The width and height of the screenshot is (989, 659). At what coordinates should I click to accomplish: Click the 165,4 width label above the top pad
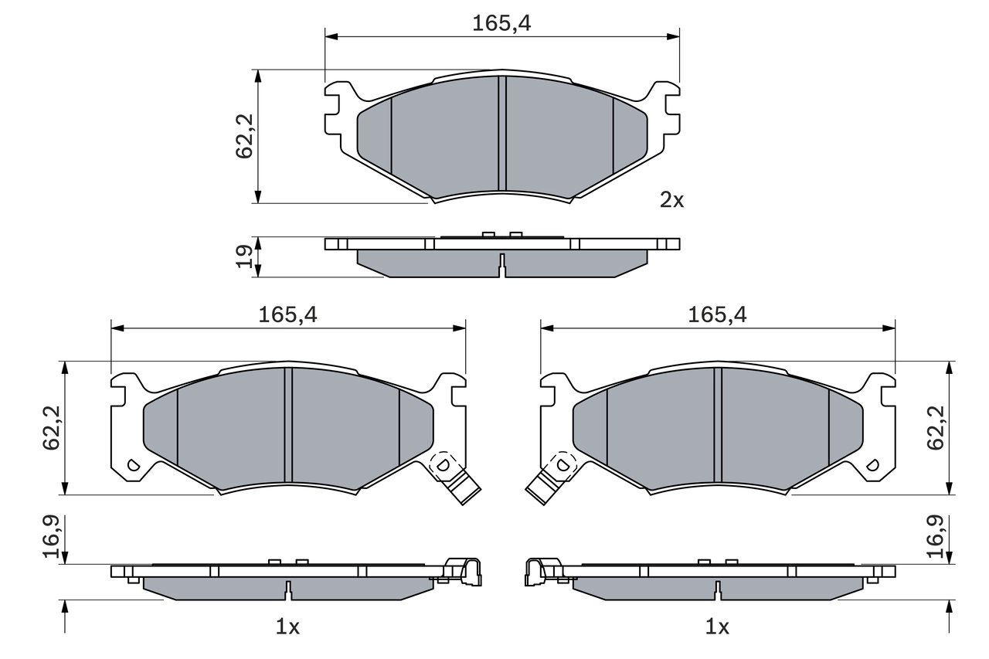point(501,24)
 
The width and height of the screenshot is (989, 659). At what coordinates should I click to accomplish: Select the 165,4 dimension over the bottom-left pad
point(287,314)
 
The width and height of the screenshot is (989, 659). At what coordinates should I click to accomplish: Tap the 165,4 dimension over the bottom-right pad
point(718,314)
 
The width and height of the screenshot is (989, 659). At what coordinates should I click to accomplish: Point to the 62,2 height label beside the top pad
point(245,137)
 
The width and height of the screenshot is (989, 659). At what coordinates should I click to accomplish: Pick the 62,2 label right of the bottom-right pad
point(936,428)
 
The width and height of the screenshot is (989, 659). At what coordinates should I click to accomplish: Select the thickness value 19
point(245,256)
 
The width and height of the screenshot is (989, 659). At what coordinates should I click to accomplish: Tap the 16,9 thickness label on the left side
point(53,538)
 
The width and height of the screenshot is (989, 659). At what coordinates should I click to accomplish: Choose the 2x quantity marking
point(671,201)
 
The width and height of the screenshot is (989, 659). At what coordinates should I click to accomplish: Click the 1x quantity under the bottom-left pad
point(287,627)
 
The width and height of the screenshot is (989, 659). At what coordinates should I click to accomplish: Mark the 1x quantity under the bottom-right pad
point(718,627)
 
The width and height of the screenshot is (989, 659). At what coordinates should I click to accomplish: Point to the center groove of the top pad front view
point(502,133)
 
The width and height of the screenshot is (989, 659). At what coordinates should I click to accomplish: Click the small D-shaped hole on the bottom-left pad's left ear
point(131,465)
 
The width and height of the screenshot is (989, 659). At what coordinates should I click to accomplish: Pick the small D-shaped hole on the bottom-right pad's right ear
point(873,465)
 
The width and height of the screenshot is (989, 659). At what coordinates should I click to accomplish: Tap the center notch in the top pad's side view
point(502,267)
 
